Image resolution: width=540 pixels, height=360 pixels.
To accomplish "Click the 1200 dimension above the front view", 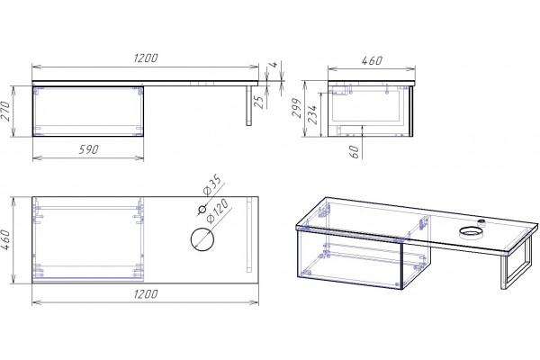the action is point(145,58).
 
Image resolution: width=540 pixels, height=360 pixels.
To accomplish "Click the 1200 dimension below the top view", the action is point(145,294).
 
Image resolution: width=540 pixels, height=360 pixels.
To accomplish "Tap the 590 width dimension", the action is point(88,149).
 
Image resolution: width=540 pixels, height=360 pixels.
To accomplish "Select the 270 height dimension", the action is point(5,111).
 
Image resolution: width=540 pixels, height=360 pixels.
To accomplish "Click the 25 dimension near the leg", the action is point(259,102).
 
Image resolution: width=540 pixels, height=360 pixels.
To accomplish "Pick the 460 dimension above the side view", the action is point(372,60).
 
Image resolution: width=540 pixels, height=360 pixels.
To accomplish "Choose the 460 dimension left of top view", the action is point(5,240).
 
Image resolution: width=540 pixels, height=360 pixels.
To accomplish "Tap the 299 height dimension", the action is point(297,107).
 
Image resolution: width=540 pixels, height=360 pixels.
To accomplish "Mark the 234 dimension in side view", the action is point(312,114).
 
